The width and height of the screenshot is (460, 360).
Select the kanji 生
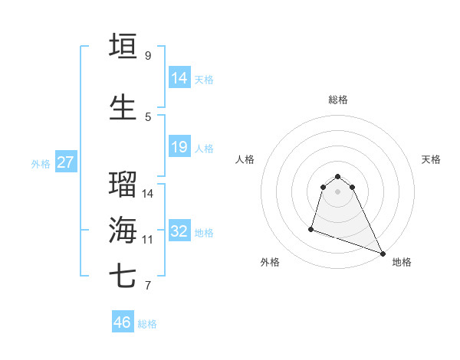123,107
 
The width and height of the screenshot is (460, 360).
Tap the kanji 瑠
123,185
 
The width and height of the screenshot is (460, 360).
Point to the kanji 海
123,230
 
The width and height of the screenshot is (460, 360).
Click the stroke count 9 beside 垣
147,56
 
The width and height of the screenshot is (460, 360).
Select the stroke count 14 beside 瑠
148,193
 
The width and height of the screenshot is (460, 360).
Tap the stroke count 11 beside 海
148,239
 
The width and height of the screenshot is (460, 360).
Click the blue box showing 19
179,147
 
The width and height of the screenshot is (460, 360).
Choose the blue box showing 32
179,231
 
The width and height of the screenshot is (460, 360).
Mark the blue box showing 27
66,162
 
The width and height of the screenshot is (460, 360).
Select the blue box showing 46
122,322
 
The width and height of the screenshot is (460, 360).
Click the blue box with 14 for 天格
179,77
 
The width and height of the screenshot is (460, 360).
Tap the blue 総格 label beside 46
147,324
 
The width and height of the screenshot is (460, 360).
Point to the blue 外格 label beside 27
41,163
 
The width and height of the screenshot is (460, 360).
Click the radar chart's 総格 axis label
338,100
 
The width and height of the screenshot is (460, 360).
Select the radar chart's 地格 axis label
402,262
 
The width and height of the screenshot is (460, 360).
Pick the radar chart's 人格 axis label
245,159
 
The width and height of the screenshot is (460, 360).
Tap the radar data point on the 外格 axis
311,228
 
